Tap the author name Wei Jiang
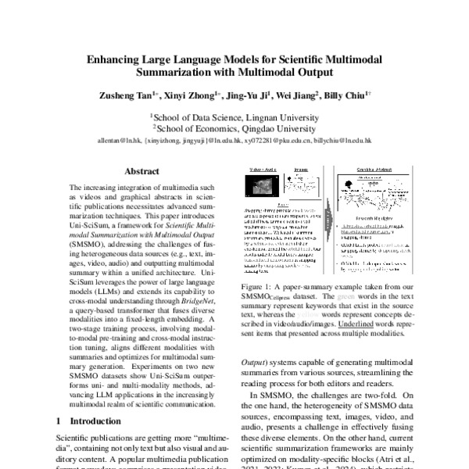296,96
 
